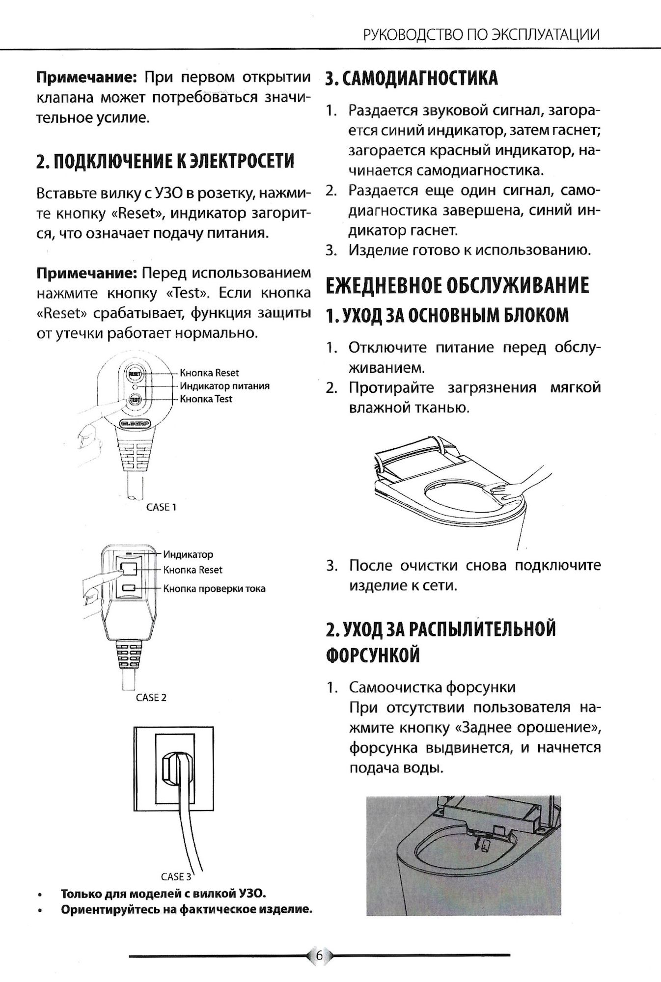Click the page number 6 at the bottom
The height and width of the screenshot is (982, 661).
(x=320, y=955)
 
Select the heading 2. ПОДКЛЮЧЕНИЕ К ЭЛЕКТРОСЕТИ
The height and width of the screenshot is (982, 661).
(x=165, y=161)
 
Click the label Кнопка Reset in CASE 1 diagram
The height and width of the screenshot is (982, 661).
(x=209, y=373)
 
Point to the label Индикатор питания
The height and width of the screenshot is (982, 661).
(x=224, y=386)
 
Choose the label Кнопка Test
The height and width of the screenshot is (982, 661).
(x=206, y=399)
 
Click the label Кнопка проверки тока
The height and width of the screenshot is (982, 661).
(x=214, y=588)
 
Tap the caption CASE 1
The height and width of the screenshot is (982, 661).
(x=161, y=507)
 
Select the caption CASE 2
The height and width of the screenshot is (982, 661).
(x=151, y=697)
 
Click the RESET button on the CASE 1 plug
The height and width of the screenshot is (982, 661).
(x=135, y=374)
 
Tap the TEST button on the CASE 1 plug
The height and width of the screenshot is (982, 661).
(x=135, y=400)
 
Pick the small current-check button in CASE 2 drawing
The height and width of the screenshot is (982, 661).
(x=130, y=588)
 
